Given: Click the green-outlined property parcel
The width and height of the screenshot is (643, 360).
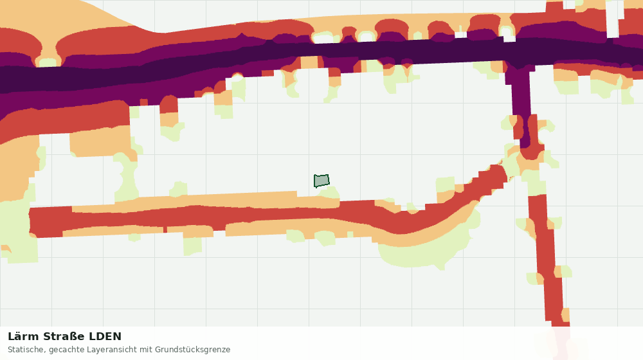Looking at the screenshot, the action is pyautogui.click(x=321, y=181).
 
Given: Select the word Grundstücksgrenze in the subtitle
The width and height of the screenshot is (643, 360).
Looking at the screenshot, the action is pyautogui.click(x=192, y=350).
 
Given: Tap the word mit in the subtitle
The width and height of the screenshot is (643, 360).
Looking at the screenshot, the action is pyautogui.click(x=145, y=350).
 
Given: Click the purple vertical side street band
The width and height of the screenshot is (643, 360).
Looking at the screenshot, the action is pyautogui.click(x=520, y=102).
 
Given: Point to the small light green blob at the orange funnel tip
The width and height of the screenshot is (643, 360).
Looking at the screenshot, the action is pyautogui.click(x=48, y=63).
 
